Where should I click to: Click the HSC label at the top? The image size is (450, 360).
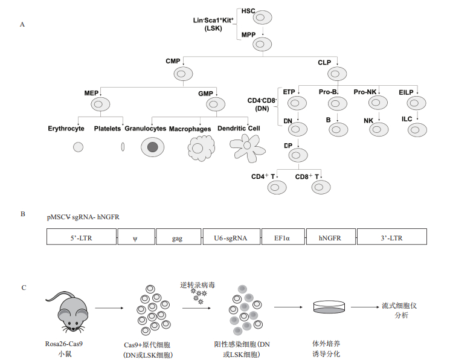point(248,11)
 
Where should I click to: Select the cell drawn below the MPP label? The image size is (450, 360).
point(263,43)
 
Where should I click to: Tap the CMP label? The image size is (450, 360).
point(173,62)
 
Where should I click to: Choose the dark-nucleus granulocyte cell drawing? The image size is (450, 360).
point(152,147)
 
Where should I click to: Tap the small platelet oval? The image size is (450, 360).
point(123,146)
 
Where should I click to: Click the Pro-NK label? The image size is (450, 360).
point(364,92)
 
